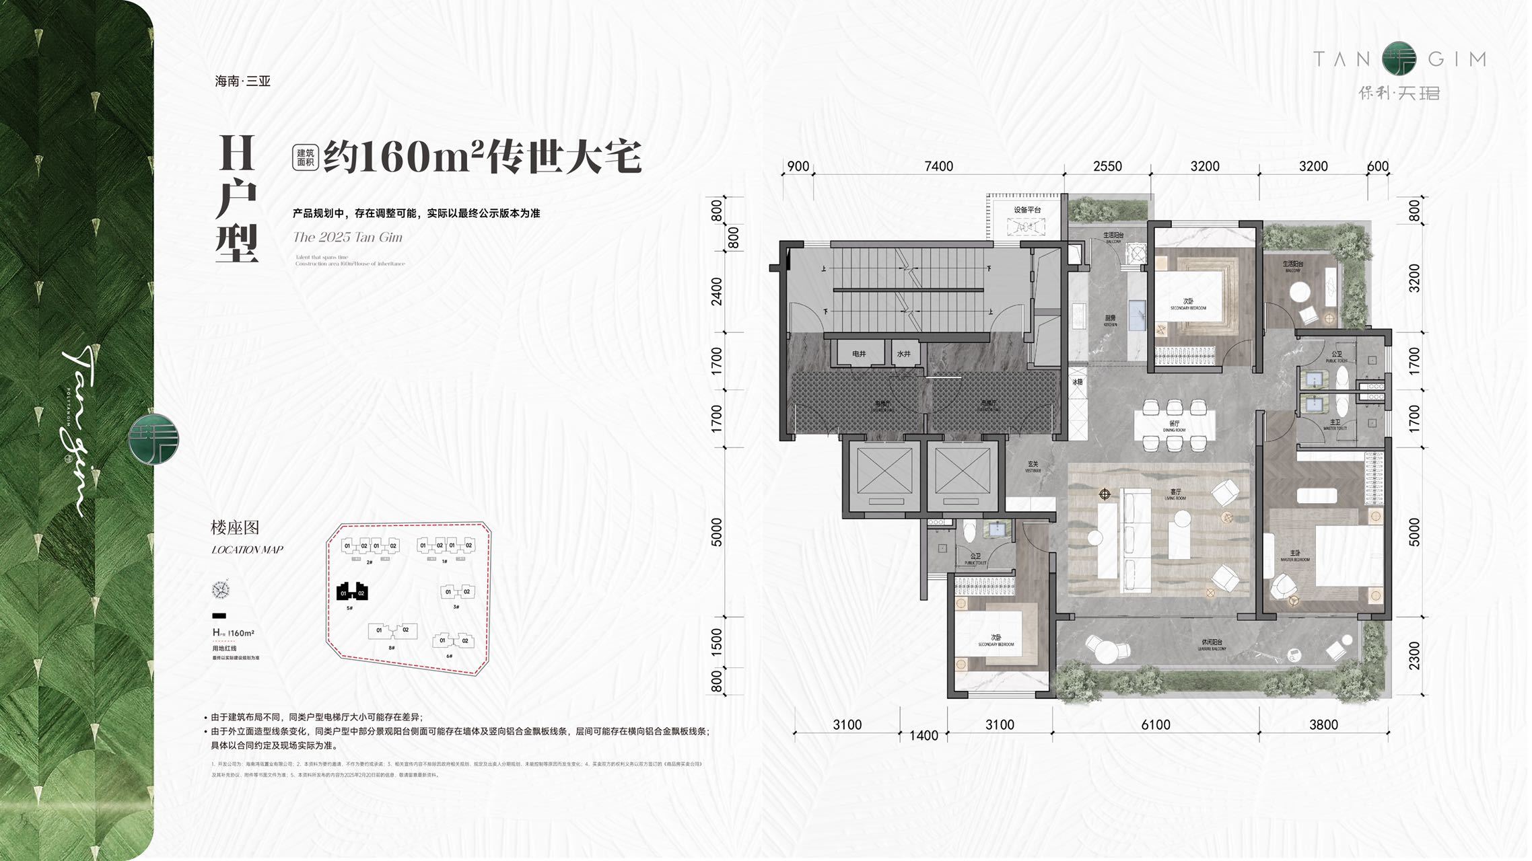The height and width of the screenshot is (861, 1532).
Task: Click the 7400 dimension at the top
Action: pos(938,166)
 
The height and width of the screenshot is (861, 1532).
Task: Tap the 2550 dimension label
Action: pos(1107,166)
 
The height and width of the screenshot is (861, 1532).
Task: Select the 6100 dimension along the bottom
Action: pos(1155,724)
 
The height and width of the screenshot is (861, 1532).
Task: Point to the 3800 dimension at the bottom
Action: pos(1323,724)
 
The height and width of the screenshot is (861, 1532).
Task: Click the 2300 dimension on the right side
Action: pos(1414,655)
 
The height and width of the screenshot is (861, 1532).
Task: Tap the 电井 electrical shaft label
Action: pos(859,354)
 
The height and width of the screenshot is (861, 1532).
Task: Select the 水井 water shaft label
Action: pos(903,354)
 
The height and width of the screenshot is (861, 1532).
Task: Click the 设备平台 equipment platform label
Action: pos(1027,210)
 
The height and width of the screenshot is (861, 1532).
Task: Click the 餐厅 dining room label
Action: pos(1174,424)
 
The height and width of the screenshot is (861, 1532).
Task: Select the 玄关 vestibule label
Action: pos(1033,464)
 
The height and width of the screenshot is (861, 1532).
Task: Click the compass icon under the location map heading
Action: pos(220,590)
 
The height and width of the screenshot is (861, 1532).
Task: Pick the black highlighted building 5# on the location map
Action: pos(352,592)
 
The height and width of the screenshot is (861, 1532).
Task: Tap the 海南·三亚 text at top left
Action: pos(242,81)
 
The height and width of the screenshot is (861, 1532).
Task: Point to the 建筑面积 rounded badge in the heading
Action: pos(305,157)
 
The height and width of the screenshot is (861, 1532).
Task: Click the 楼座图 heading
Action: pos(235,528)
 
